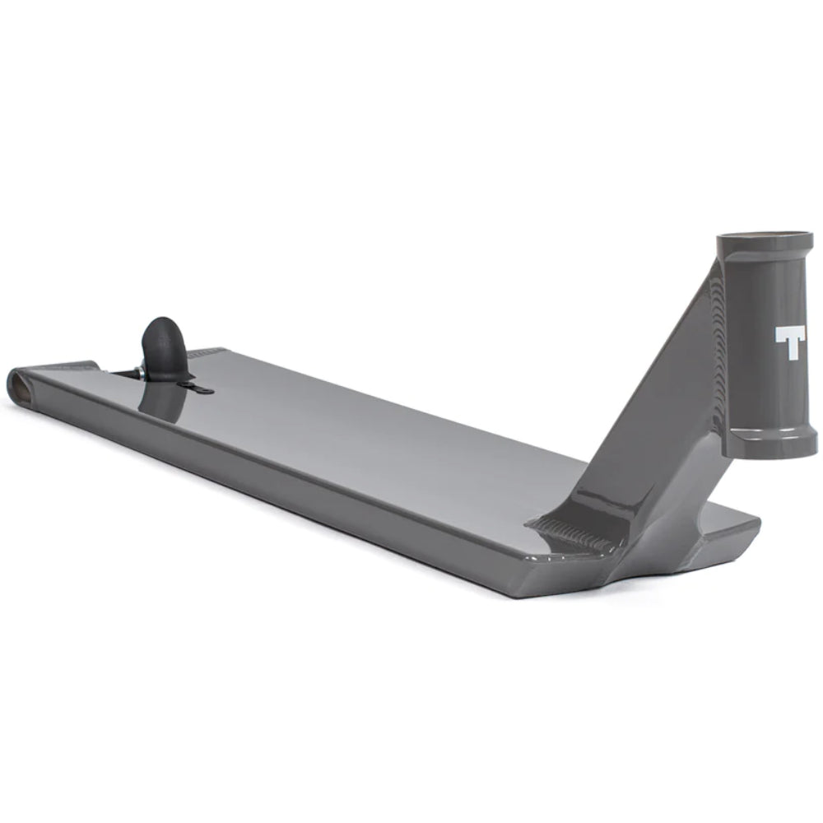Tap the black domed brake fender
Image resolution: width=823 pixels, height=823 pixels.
pos(165,341)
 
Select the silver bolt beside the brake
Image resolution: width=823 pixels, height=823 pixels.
pos(142,373)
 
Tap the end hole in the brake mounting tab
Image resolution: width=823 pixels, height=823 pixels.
pos(205,391)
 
